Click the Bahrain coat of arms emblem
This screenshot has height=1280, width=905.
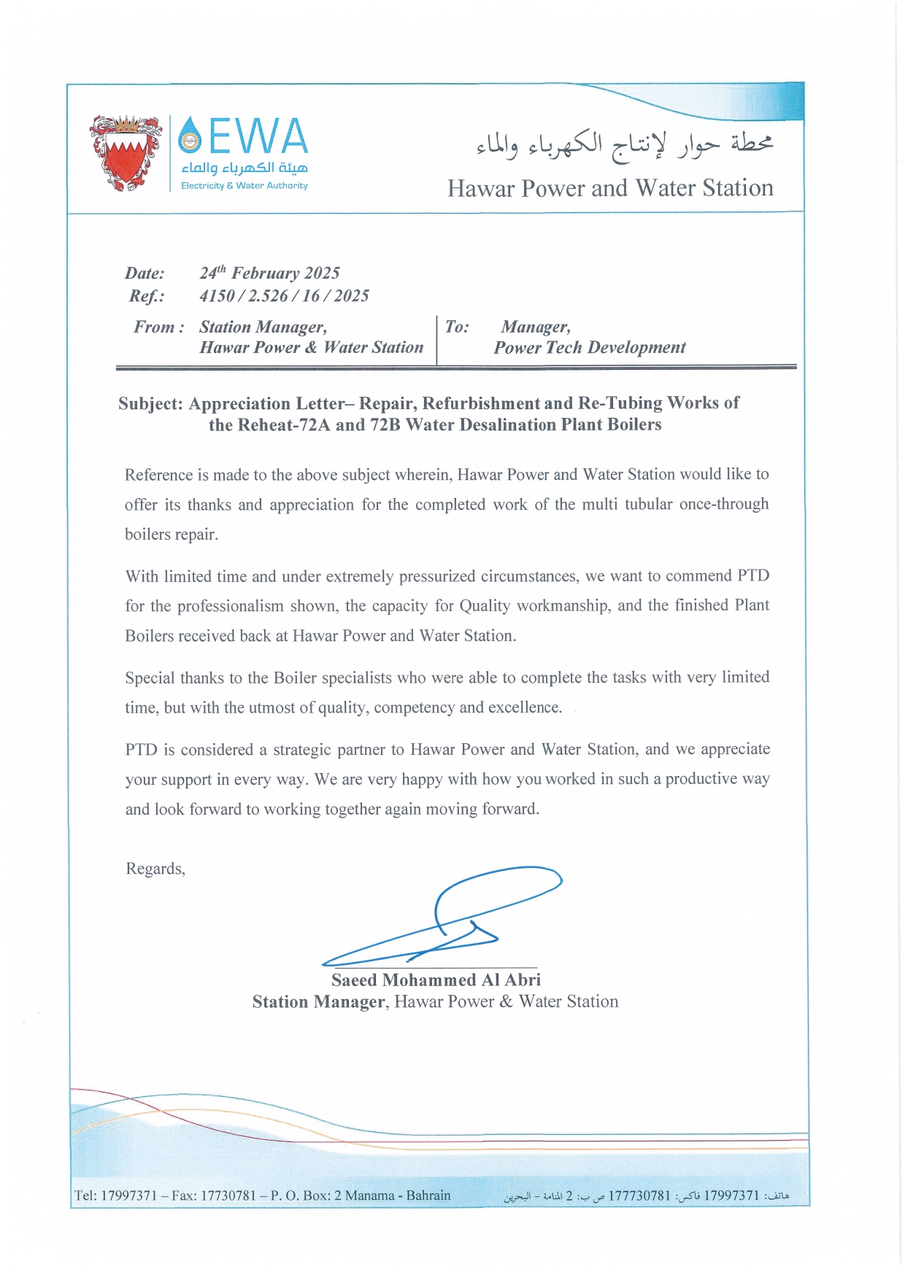coord(126,153)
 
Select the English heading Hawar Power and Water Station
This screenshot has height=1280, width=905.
coord(610,188)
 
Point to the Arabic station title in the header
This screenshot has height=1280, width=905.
coord(624,144)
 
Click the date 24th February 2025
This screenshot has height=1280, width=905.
coord(269,273)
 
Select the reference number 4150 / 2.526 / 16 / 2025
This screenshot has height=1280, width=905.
coord(284,295)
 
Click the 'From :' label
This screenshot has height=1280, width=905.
coord(158,327)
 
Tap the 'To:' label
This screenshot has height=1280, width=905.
coord(457,327)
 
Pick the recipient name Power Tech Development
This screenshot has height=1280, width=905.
coord(590,348)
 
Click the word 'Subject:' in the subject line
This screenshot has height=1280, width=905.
coord(150,403)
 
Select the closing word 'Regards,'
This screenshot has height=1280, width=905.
coord(155,869)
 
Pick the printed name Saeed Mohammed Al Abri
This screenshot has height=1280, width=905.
coord(436,980)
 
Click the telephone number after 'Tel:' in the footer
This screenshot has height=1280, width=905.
coord(129,1195)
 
